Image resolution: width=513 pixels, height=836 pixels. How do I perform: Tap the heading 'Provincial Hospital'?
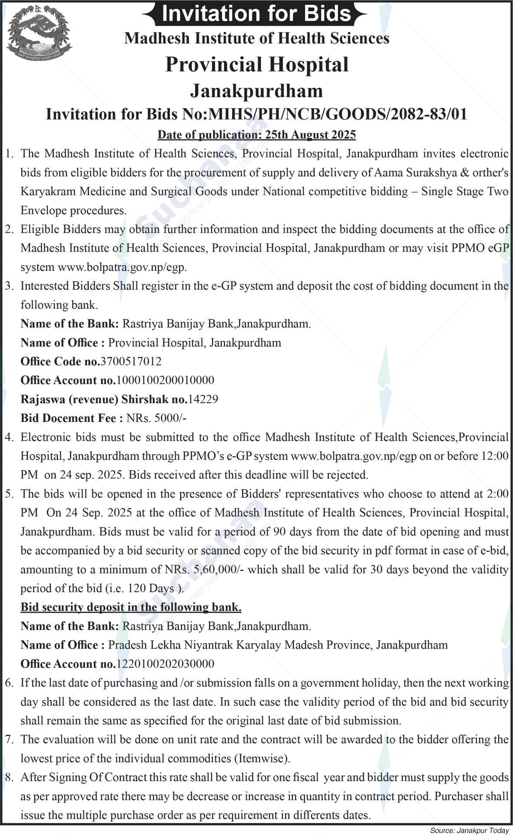point(257,65)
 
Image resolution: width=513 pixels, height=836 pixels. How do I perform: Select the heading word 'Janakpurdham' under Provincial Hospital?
point(257,91)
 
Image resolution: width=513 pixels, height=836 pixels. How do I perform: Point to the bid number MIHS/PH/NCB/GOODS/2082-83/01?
point(338,114)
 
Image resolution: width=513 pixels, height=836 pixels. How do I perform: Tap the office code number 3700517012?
point(131,362)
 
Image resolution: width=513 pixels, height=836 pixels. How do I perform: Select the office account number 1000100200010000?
point(165,380)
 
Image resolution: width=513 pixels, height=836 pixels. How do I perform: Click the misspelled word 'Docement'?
point(66,418)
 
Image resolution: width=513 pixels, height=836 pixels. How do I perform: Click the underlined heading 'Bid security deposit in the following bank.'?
point(131,607)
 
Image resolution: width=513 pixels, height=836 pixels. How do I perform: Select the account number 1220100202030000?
point(165,664)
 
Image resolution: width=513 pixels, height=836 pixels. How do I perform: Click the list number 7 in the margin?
point(9,740)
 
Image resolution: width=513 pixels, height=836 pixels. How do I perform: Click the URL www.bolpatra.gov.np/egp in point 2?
point(122,267)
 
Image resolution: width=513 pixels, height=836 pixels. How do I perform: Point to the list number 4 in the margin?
point(9,437)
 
